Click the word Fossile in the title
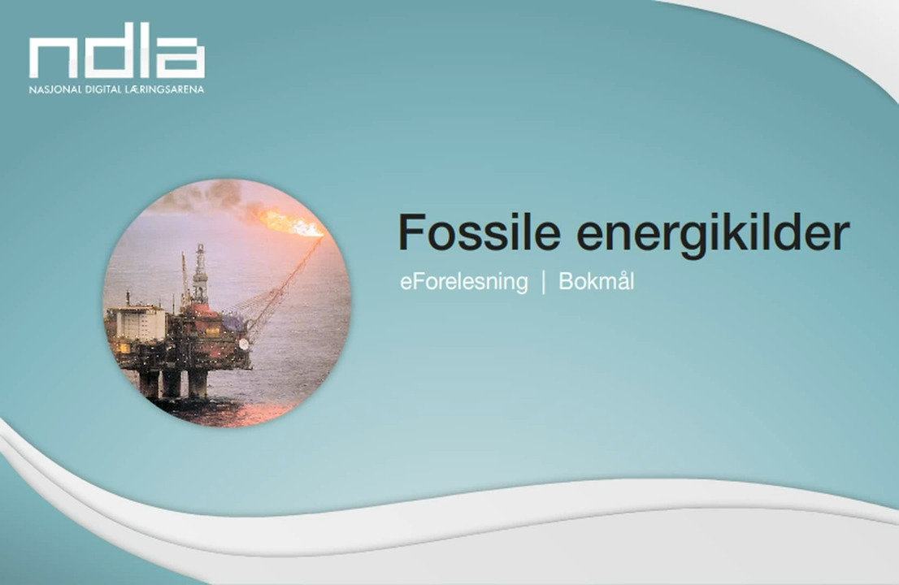click(x=480, y=232)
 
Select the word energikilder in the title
click(x=713, y=235)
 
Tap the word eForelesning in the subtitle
click(x=464, y=282)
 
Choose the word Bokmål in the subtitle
click(x=597, y=281)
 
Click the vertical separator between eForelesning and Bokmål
click(x=544, y=282)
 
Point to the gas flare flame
click(x=289, y=223)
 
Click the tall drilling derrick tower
click(x=199, y=274)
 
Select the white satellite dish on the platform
click(x=244, y=344)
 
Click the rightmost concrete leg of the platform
click(x=198, y=383)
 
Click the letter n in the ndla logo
click(x=54, y=58)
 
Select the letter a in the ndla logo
click(x=180, y=58)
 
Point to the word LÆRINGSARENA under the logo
click(x=164, y=89)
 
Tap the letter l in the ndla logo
click(x=145, y=50)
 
